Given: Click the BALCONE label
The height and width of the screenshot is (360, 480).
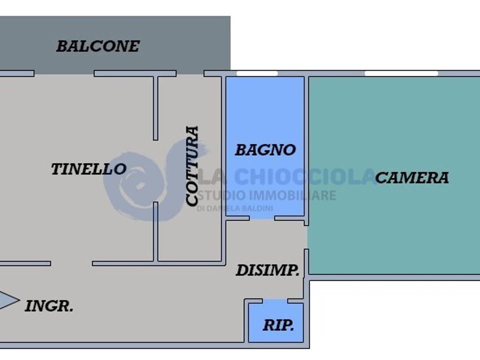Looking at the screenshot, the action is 98,46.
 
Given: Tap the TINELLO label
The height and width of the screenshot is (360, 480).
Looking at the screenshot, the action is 89,169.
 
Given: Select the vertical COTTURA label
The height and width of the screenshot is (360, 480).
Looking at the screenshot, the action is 192,165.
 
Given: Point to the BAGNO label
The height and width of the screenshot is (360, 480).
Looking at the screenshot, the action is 265,150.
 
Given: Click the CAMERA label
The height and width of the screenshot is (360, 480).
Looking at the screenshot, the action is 412,177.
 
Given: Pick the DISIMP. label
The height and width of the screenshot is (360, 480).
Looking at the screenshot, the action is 267,270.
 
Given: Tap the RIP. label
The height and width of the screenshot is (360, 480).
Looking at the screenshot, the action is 278,325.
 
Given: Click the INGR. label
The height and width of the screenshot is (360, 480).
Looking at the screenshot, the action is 49,306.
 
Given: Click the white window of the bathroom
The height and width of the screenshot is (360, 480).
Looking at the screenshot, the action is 257,73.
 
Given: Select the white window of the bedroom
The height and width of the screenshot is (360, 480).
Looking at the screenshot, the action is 401,73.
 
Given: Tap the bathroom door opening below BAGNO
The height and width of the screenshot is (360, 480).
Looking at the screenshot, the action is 262,218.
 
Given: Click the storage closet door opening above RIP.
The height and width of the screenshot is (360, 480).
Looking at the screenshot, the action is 275,301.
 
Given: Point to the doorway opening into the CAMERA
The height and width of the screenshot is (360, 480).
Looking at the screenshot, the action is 306,237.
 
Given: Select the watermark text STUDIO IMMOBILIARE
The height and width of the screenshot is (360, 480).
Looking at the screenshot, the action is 266,195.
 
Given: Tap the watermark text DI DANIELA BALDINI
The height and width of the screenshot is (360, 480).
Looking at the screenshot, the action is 234,208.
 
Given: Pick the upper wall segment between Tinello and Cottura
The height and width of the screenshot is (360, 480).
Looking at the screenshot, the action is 155,108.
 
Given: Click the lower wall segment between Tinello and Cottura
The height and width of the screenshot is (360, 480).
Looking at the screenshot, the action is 155,232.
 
